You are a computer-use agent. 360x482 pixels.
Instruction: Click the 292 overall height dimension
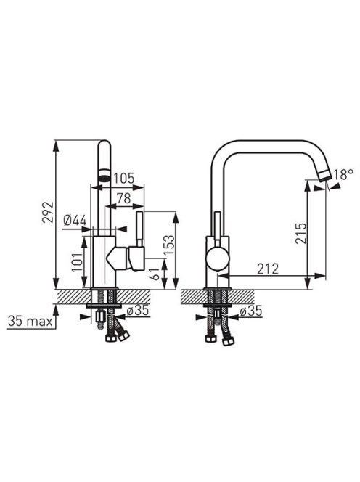[48, 212]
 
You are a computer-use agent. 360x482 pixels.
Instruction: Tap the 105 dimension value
[124, 178]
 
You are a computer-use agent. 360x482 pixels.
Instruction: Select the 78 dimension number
[124, 199]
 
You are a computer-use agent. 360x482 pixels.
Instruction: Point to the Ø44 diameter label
[75, 220]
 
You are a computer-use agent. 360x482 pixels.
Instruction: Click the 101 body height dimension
[78, 258]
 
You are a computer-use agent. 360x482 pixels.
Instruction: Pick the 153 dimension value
[169, 245]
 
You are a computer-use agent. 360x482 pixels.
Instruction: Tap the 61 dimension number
[156, 272]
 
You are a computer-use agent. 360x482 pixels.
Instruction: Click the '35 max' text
[30, 322]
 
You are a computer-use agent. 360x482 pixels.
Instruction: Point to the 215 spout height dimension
[301, 234]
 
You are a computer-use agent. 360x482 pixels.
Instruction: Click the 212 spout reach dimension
[268, 269]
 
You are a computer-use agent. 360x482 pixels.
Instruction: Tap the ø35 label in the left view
[138, 311]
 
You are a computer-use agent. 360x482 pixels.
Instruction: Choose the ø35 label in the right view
[251, 311]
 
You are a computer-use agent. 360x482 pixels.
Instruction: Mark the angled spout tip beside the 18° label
[324, 176]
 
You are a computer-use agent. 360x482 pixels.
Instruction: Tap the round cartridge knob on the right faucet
[218, 257]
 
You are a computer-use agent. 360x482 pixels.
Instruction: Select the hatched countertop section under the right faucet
[217, 297]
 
